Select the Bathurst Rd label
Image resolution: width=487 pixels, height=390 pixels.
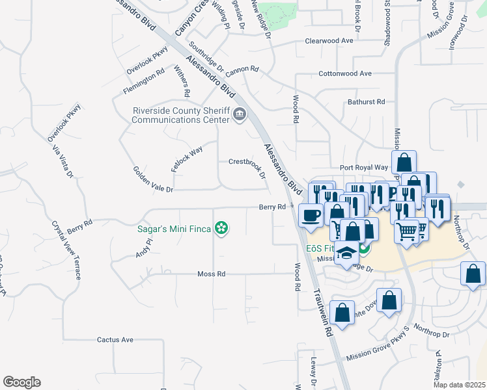(x=367, y=101)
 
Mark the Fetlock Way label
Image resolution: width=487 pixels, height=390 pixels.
(x=187, y=159)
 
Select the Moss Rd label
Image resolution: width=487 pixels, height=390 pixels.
(x=211, y=274)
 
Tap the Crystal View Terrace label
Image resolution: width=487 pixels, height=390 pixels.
(x=67, y=250)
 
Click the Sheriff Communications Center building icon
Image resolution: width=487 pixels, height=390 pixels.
(x=240, y=115)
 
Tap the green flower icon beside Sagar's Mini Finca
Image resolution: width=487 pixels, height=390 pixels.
(x=222, y=228)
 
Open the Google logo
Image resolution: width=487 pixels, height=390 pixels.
(x=21, y=382)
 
